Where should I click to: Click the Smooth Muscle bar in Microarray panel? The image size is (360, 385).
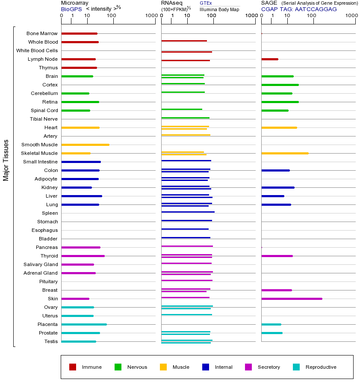[86, 145]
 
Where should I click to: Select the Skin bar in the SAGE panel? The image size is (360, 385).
[292, 299]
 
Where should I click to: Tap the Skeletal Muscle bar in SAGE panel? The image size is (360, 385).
[285, 153]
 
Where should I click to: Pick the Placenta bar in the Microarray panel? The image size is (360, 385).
[84, 324]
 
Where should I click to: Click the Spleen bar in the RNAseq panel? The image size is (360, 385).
[188, 212]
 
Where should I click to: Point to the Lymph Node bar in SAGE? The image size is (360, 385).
[270, 59]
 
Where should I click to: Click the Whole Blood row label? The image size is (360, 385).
[43, 42]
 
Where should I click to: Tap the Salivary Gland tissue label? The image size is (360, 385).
[41, 264]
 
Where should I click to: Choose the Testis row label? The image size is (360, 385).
[51, 341]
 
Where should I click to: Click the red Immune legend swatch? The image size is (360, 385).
[73, 367]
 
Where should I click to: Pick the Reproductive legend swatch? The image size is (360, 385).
[296, 367]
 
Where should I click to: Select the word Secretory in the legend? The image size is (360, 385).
[269, 367]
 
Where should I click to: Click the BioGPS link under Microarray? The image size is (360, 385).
[71, 9]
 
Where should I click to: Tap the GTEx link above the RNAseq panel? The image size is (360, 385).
[206, 3]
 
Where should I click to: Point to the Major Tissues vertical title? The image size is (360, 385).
[6, 160]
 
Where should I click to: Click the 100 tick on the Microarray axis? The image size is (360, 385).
[112, 16]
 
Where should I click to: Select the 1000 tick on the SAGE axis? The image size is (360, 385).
[351, 16]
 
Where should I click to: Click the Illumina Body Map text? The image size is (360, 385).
[220, 9]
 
